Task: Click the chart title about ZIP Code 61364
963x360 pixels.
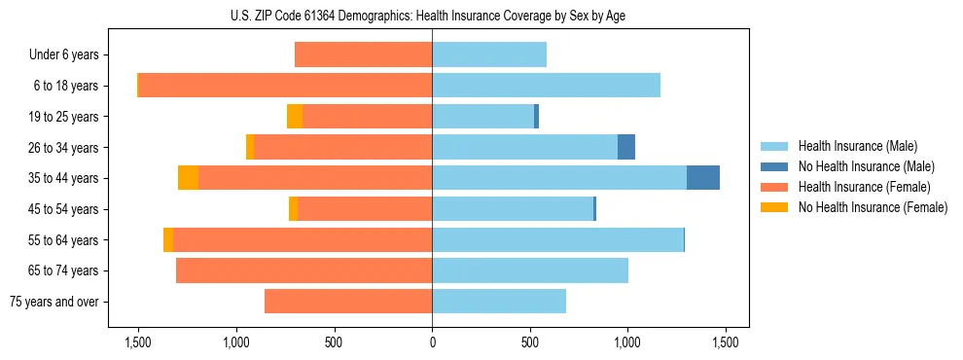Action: (x=432, y=15)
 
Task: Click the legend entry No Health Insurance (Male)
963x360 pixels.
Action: (x=866, y=166)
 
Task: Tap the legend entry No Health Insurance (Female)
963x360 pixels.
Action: (x=873, y=207)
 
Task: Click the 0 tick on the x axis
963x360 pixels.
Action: (x=432, y=342)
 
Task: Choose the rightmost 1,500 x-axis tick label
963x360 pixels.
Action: (x=726, y=342)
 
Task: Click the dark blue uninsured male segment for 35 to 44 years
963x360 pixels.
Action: (x=703, y=178)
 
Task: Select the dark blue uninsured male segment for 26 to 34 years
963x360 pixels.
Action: (x=626, y=147)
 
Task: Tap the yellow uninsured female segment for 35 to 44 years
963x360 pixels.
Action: (x=188, y=178)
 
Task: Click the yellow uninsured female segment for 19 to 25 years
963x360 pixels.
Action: (x=295, y=117)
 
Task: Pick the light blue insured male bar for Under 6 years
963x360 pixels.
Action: (x=489, y=55)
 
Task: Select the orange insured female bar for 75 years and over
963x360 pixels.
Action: (x=348, y=302)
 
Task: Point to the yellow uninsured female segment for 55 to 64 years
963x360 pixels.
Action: (x=168, y=239)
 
